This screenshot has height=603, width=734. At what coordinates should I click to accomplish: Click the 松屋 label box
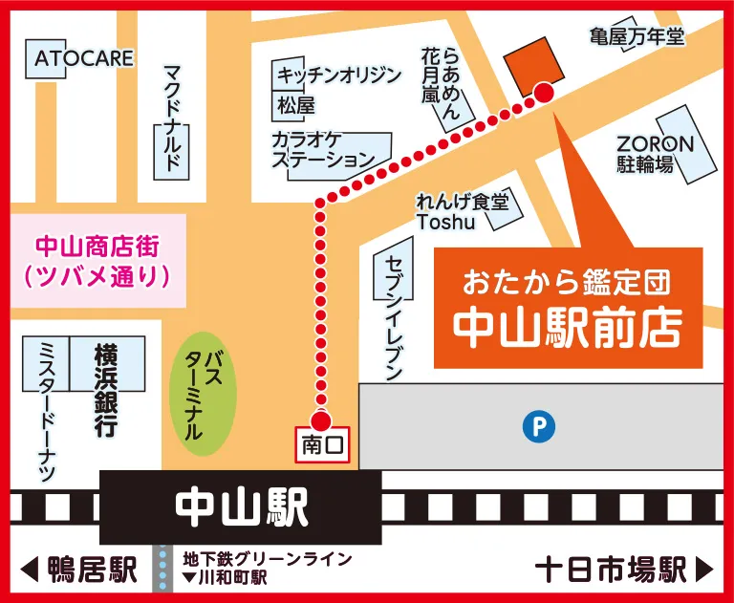(x=295, y=104)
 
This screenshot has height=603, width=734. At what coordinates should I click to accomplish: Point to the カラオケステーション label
(x=326, y=151)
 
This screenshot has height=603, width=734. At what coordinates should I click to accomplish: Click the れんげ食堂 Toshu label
(x=462, y=211)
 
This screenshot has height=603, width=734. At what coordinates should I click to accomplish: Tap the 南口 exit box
(x=321, y=444)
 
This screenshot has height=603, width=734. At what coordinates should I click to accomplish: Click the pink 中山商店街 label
(x=97, y=261)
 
